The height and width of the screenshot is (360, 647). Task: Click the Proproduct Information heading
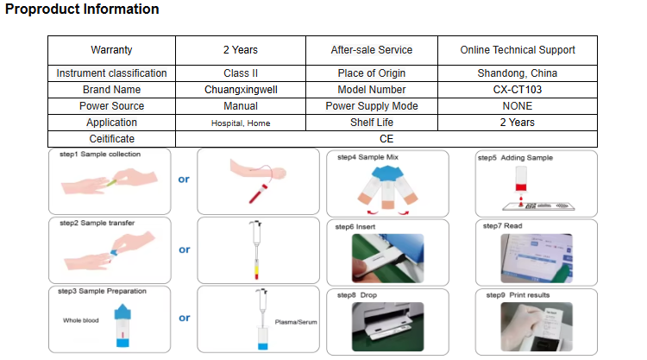point(82,9)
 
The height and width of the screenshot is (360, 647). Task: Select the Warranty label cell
point(111,50)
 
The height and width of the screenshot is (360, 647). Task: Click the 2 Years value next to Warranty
point(240,50)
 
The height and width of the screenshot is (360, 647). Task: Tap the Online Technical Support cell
point(518,50)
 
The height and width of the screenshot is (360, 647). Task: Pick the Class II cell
point(240,73)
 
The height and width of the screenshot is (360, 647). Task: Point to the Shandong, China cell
point(518,73)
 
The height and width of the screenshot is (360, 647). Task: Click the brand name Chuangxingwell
point(240,90)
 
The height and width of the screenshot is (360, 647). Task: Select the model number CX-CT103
point(518,90)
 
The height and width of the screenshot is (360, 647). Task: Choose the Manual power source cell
point(240,106)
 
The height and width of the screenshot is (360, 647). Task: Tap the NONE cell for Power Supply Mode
point(518,106)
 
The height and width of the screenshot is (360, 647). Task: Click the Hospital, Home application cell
point(240,123)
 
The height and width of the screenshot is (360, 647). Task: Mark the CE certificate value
point(386,138)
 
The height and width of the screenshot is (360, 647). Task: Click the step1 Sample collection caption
point(99,155)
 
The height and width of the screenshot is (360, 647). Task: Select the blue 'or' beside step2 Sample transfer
point(184,249)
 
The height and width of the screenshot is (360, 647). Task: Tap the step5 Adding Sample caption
point(514,158)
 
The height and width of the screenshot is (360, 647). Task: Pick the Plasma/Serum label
point(295,321)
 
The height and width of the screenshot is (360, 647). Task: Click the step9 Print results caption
point(521,295)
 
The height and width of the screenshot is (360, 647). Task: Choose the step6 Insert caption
point(355,226)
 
